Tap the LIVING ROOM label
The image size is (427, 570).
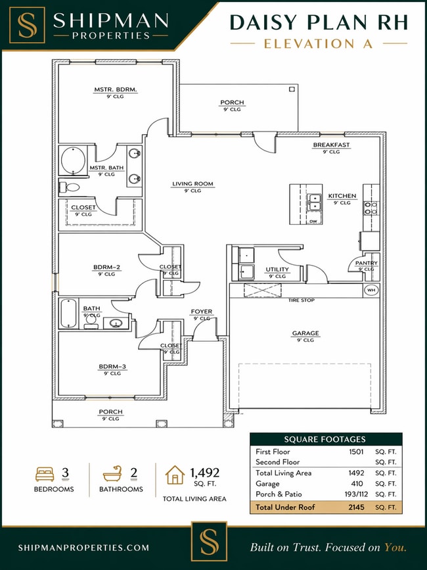click(x=192, y=184)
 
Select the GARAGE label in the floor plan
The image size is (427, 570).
click(x=305, y=333)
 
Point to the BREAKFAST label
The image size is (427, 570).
click(x=331, y=145)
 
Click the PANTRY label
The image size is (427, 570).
click(x=367, y=263)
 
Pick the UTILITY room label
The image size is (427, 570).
click(x=277, y=270)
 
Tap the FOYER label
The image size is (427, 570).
click(x=201, y=312)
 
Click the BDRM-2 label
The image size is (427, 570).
click(x=106, y=267)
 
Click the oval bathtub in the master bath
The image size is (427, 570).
click(x=73, y=160)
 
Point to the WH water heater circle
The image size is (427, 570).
click(x=371, y=290)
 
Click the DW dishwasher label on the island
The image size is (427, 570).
click(x=313, y=221)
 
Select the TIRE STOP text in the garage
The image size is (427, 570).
click(x=301, y=300)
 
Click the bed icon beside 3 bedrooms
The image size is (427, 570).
click(x=45, y=473)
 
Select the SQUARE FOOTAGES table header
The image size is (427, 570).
click(x=325, y=439)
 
